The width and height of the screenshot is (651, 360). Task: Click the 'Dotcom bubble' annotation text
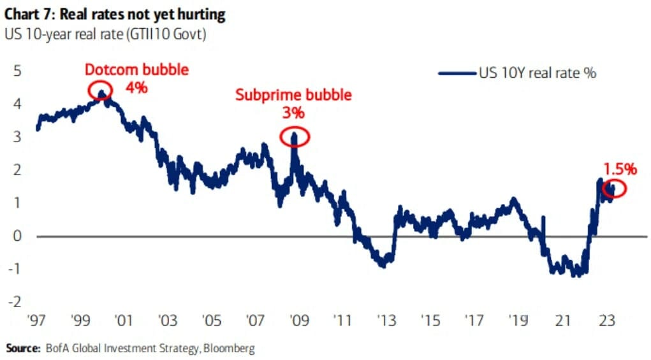(x=136, y=69)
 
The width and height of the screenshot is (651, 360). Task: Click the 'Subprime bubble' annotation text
(x=293, y=96)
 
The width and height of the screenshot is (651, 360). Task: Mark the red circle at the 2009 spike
(x=294, y=136)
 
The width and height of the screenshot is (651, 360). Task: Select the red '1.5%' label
(x=620, y=169)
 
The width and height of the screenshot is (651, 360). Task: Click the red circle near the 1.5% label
(x=614, y=188)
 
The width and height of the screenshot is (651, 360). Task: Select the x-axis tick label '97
(x=36, y=319)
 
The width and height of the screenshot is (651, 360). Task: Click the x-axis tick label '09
(x=296, y=319)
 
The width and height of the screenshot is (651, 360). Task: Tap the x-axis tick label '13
(x=384, y=319)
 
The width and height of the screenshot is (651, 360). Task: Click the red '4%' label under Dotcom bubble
(x=136, y=87)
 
